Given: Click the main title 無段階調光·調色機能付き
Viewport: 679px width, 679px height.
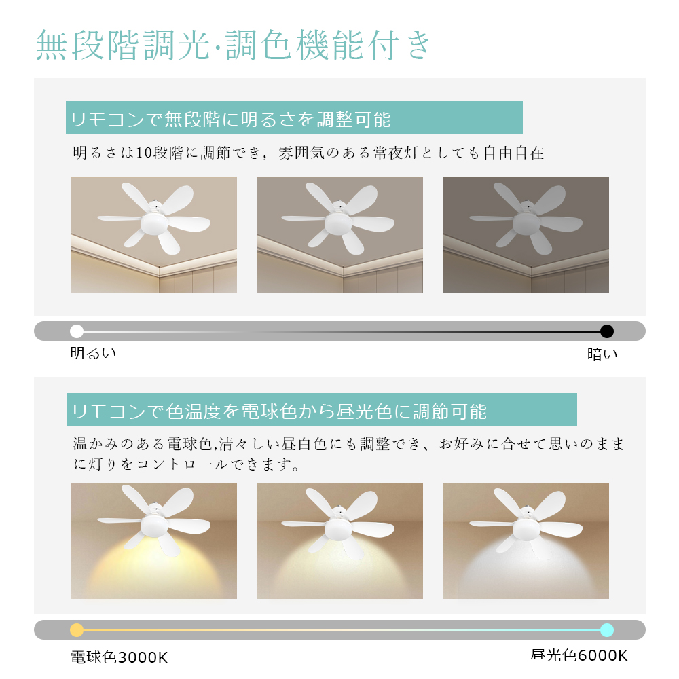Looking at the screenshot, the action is point(233,45).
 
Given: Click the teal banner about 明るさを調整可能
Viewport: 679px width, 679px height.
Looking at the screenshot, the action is point(294,117).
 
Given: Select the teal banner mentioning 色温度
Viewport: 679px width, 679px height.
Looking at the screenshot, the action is point(322,409).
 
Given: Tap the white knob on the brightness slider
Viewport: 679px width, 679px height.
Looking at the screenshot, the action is point(77,331).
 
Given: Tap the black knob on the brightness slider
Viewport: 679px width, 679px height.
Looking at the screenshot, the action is point(606,331).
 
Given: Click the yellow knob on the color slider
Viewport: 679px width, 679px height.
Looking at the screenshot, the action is point(77,629).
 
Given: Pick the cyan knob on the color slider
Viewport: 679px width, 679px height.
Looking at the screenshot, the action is point(606,629).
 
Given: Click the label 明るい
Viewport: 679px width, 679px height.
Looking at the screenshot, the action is point(93,353).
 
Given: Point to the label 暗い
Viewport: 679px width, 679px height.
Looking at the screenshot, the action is point(602,354).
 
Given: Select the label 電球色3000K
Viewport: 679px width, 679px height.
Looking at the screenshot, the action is point(119,657).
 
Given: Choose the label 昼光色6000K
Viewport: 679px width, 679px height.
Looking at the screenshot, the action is point(579,655).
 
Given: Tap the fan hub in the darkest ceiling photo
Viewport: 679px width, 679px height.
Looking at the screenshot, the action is point(526,223).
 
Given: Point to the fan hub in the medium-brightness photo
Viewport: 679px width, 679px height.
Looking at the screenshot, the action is point(338,223).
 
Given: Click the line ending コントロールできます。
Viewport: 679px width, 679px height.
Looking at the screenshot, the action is point(186,464).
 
